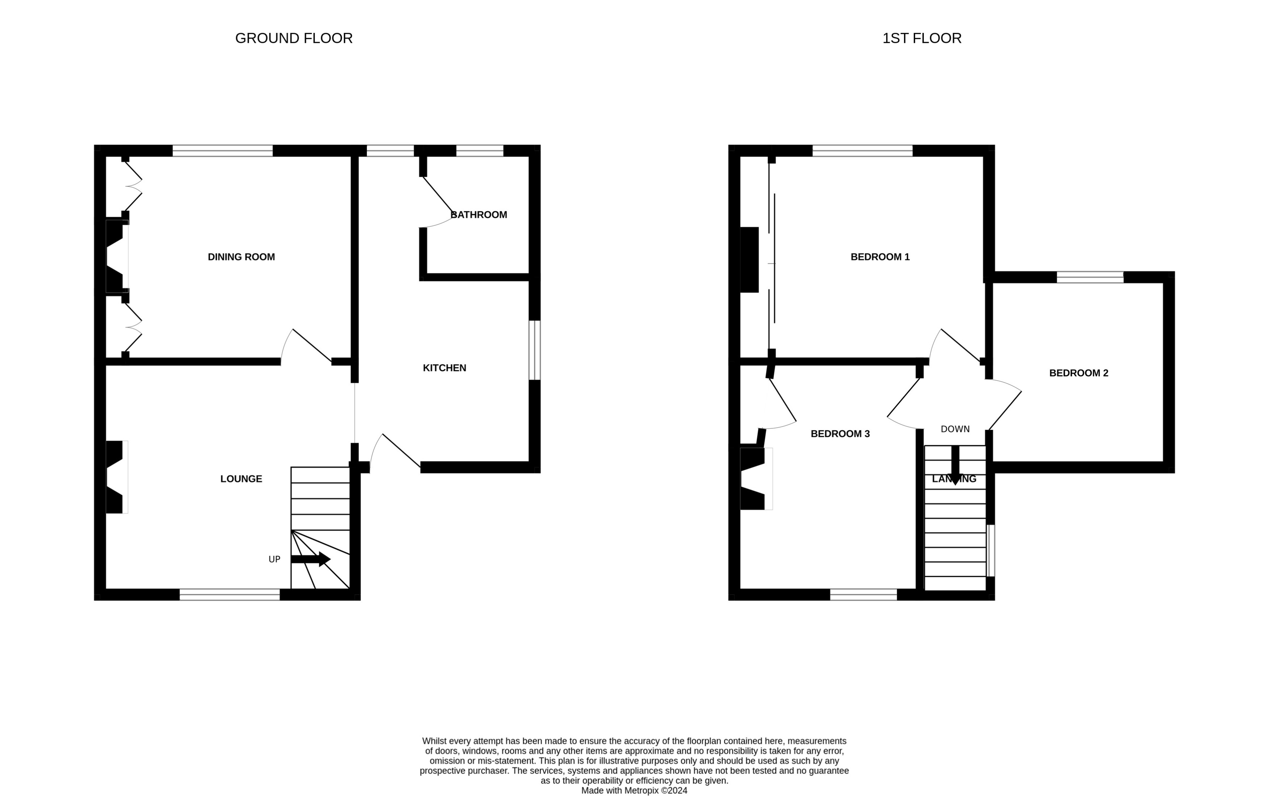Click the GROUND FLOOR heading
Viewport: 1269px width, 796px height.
click(x=293, y=38)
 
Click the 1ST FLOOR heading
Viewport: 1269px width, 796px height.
click(x=921, y=38)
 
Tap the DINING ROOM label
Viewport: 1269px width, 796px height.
click(x=241, y=257)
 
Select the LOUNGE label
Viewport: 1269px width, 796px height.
click(x=241, y=478)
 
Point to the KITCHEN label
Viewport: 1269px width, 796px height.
click(x=445, y=368)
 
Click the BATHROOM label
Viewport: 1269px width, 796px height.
click(x=479, y=215)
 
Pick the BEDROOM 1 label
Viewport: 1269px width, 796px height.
click(x=880, y=257)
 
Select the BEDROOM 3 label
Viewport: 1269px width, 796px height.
click(x=840, y=434)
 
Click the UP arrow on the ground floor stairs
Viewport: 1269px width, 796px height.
click(x=311, y=559)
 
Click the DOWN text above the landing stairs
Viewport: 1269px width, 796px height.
click(x=955, y=429)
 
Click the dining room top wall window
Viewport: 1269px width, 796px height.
click(x=223, y=150)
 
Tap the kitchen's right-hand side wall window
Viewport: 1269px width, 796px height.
click(x=534, y=350)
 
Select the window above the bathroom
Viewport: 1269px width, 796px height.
click(x=480, y=150)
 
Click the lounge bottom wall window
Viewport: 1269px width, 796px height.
click(x=230, y=595)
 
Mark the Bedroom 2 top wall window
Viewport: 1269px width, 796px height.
click(x=1090, y=277)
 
